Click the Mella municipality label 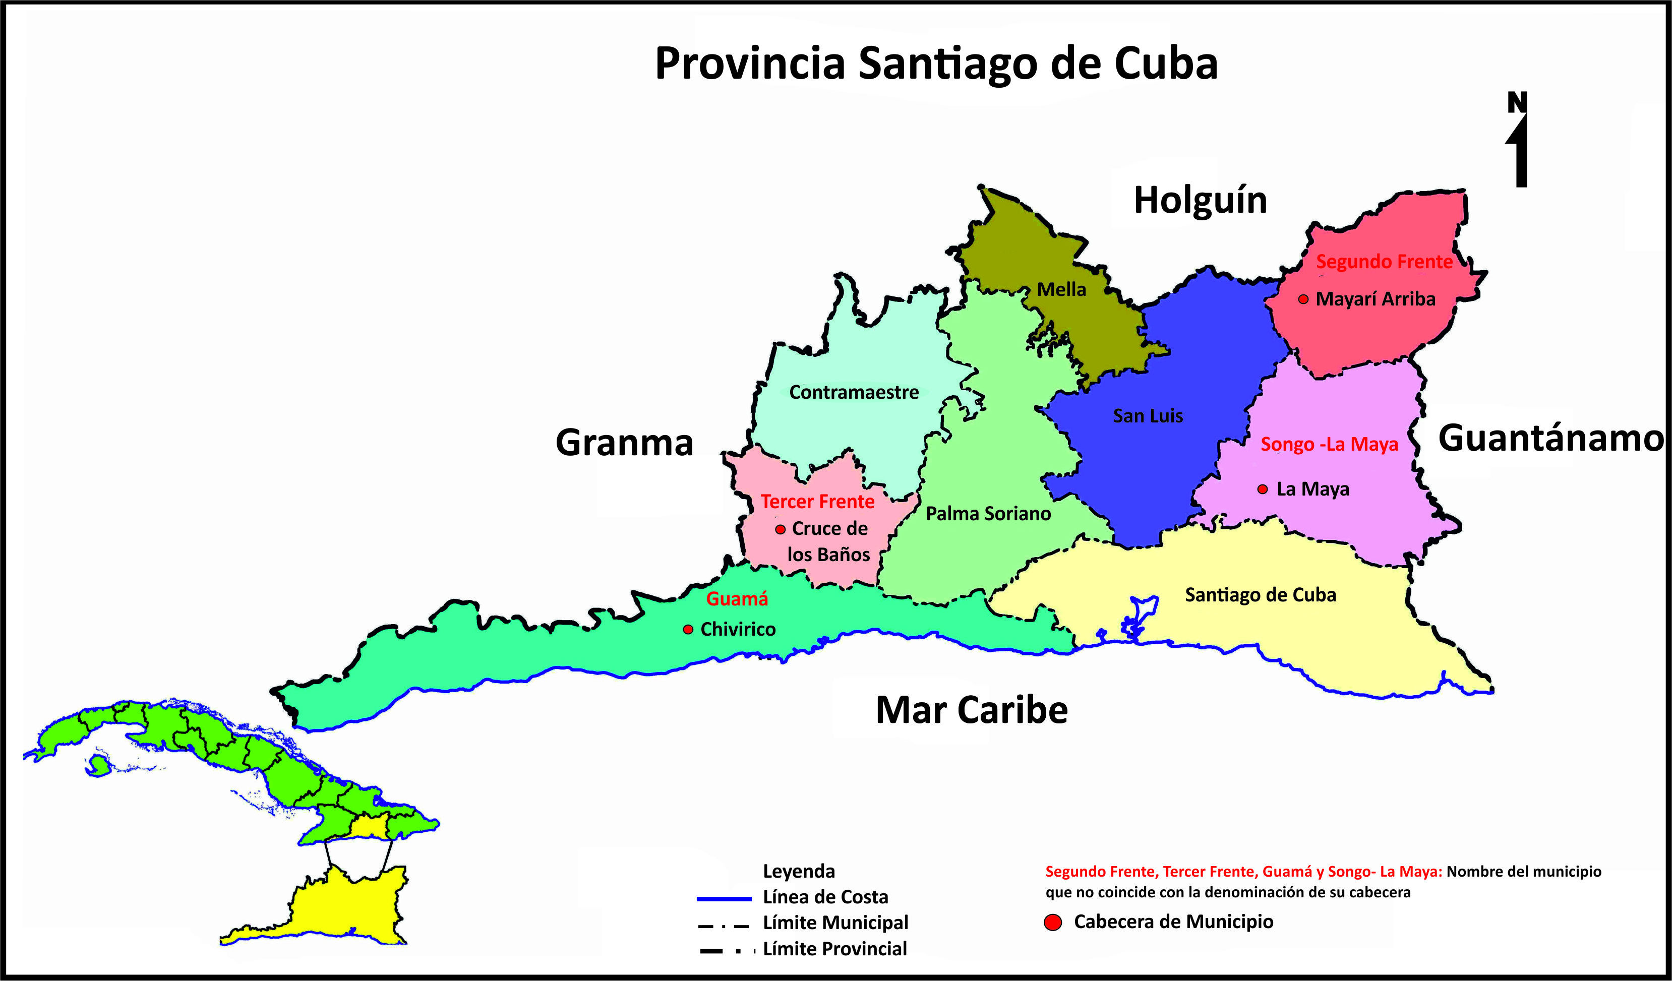pyautogui.click(x=1061, y=290)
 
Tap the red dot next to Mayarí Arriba pyautogui.click(x=1303, y=299)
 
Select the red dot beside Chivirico pyautogui.click(x=688, y=629)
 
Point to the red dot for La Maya pyautogui.click(x=1263, y=489)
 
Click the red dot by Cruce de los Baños pyautogui.click(x=781, y=530)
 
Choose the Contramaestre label pyautogui.click(x=854, y=392)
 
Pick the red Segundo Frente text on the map pyautogui.click(x=1384, y=262)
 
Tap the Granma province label pyautogui.click(x=624, y=443)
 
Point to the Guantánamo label pyautogui.click(x=1550, y=438)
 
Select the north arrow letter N pyautogui.click(x=1518, y=103)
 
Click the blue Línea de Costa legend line pyautogui.click(x=724, y=899)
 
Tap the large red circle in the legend pyautogui.click(x=1053, y=923)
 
